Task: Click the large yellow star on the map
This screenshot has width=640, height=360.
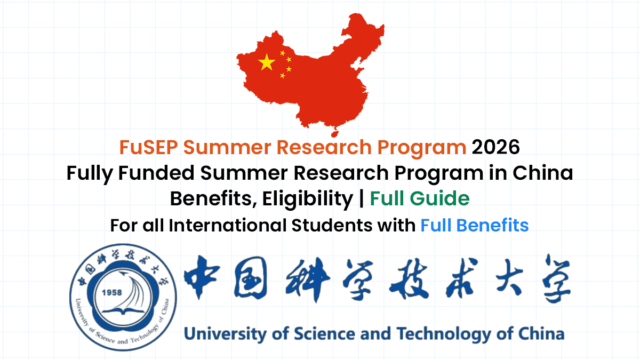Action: click(267, 63)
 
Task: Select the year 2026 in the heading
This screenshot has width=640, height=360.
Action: click(495, 147)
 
